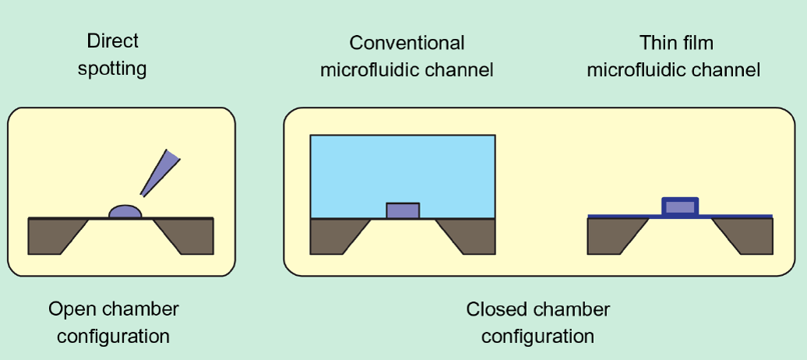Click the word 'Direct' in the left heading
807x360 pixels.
point(112,41)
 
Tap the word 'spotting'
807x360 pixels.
point(112,69)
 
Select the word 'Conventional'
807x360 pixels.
point(407,43)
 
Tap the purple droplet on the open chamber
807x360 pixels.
point(125,211)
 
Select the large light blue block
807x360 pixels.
point(402,168)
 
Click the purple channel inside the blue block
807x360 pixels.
point(403,210)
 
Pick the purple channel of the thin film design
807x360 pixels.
point(680,207)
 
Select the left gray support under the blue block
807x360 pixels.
point(333,236)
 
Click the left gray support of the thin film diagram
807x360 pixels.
point(611,236)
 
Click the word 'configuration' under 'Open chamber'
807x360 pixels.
point(113,337)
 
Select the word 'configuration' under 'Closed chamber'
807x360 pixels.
point(537,337)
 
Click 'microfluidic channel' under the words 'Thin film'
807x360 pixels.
point(673,70)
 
